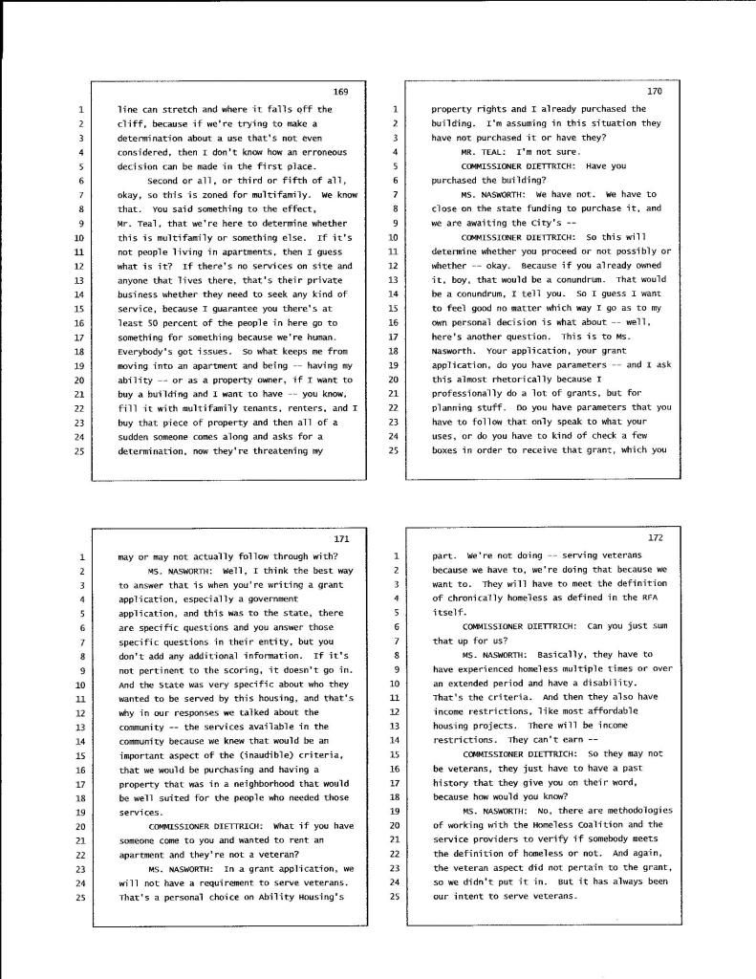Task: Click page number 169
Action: click(x=340, y=92)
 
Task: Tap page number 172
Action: click(x=655, y=538)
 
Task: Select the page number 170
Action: click(x=654, y=92)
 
